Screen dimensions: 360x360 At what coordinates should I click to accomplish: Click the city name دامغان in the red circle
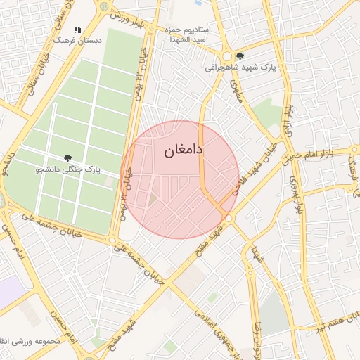[x=184, y=150]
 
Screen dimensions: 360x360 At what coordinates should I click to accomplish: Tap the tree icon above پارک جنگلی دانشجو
[x=67, y=159]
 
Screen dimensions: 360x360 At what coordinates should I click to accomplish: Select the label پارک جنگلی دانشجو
[x=70, y=170]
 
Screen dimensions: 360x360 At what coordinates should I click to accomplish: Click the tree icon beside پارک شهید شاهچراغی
[x=240, y=56]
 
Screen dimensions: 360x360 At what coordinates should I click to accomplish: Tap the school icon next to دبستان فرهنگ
[x=78, y=30]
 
